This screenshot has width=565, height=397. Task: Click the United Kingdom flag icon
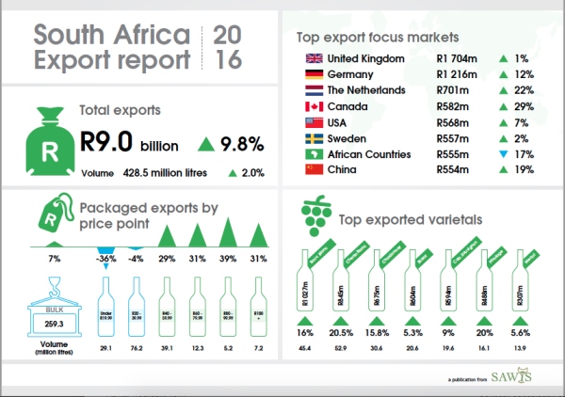(314, 59)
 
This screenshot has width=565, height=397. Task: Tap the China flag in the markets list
(314, 169)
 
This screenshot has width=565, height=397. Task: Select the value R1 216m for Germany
(458, 75)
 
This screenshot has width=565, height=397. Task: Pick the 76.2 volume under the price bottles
(137, 349)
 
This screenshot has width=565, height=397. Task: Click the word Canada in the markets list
(348, 106)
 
